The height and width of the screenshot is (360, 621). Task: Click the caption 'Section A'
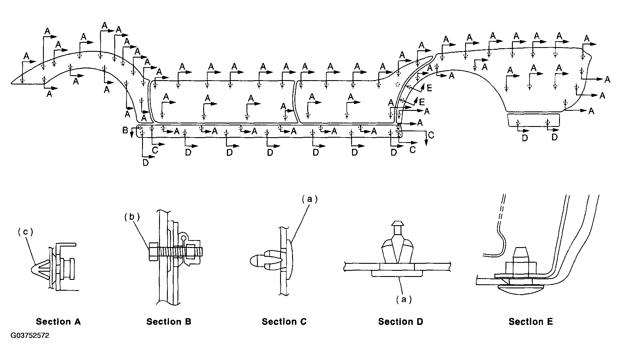click(58, 322)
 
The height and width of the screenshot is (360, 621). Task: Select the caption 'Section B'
click(169, 322)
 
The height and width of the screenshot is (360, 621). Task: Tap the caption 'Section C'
click(284, 322)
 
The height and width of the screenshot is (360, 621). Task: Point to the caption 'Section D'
click(401, 322)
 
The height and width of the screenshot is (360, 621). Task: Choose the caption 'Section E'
click(531, 322)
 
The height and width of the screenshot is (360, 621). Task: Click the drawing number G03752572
click(30, 335)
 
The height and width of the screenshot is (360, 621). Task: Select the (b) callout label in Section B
click(132, 217)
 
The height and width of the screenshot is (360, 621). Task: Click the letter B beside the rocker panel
click(125, 130)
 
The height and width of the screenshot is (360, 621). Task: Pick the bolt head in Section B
click(153, 251)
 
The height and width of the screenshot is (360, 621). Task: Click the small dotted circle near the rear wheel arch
click(397, 85)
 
